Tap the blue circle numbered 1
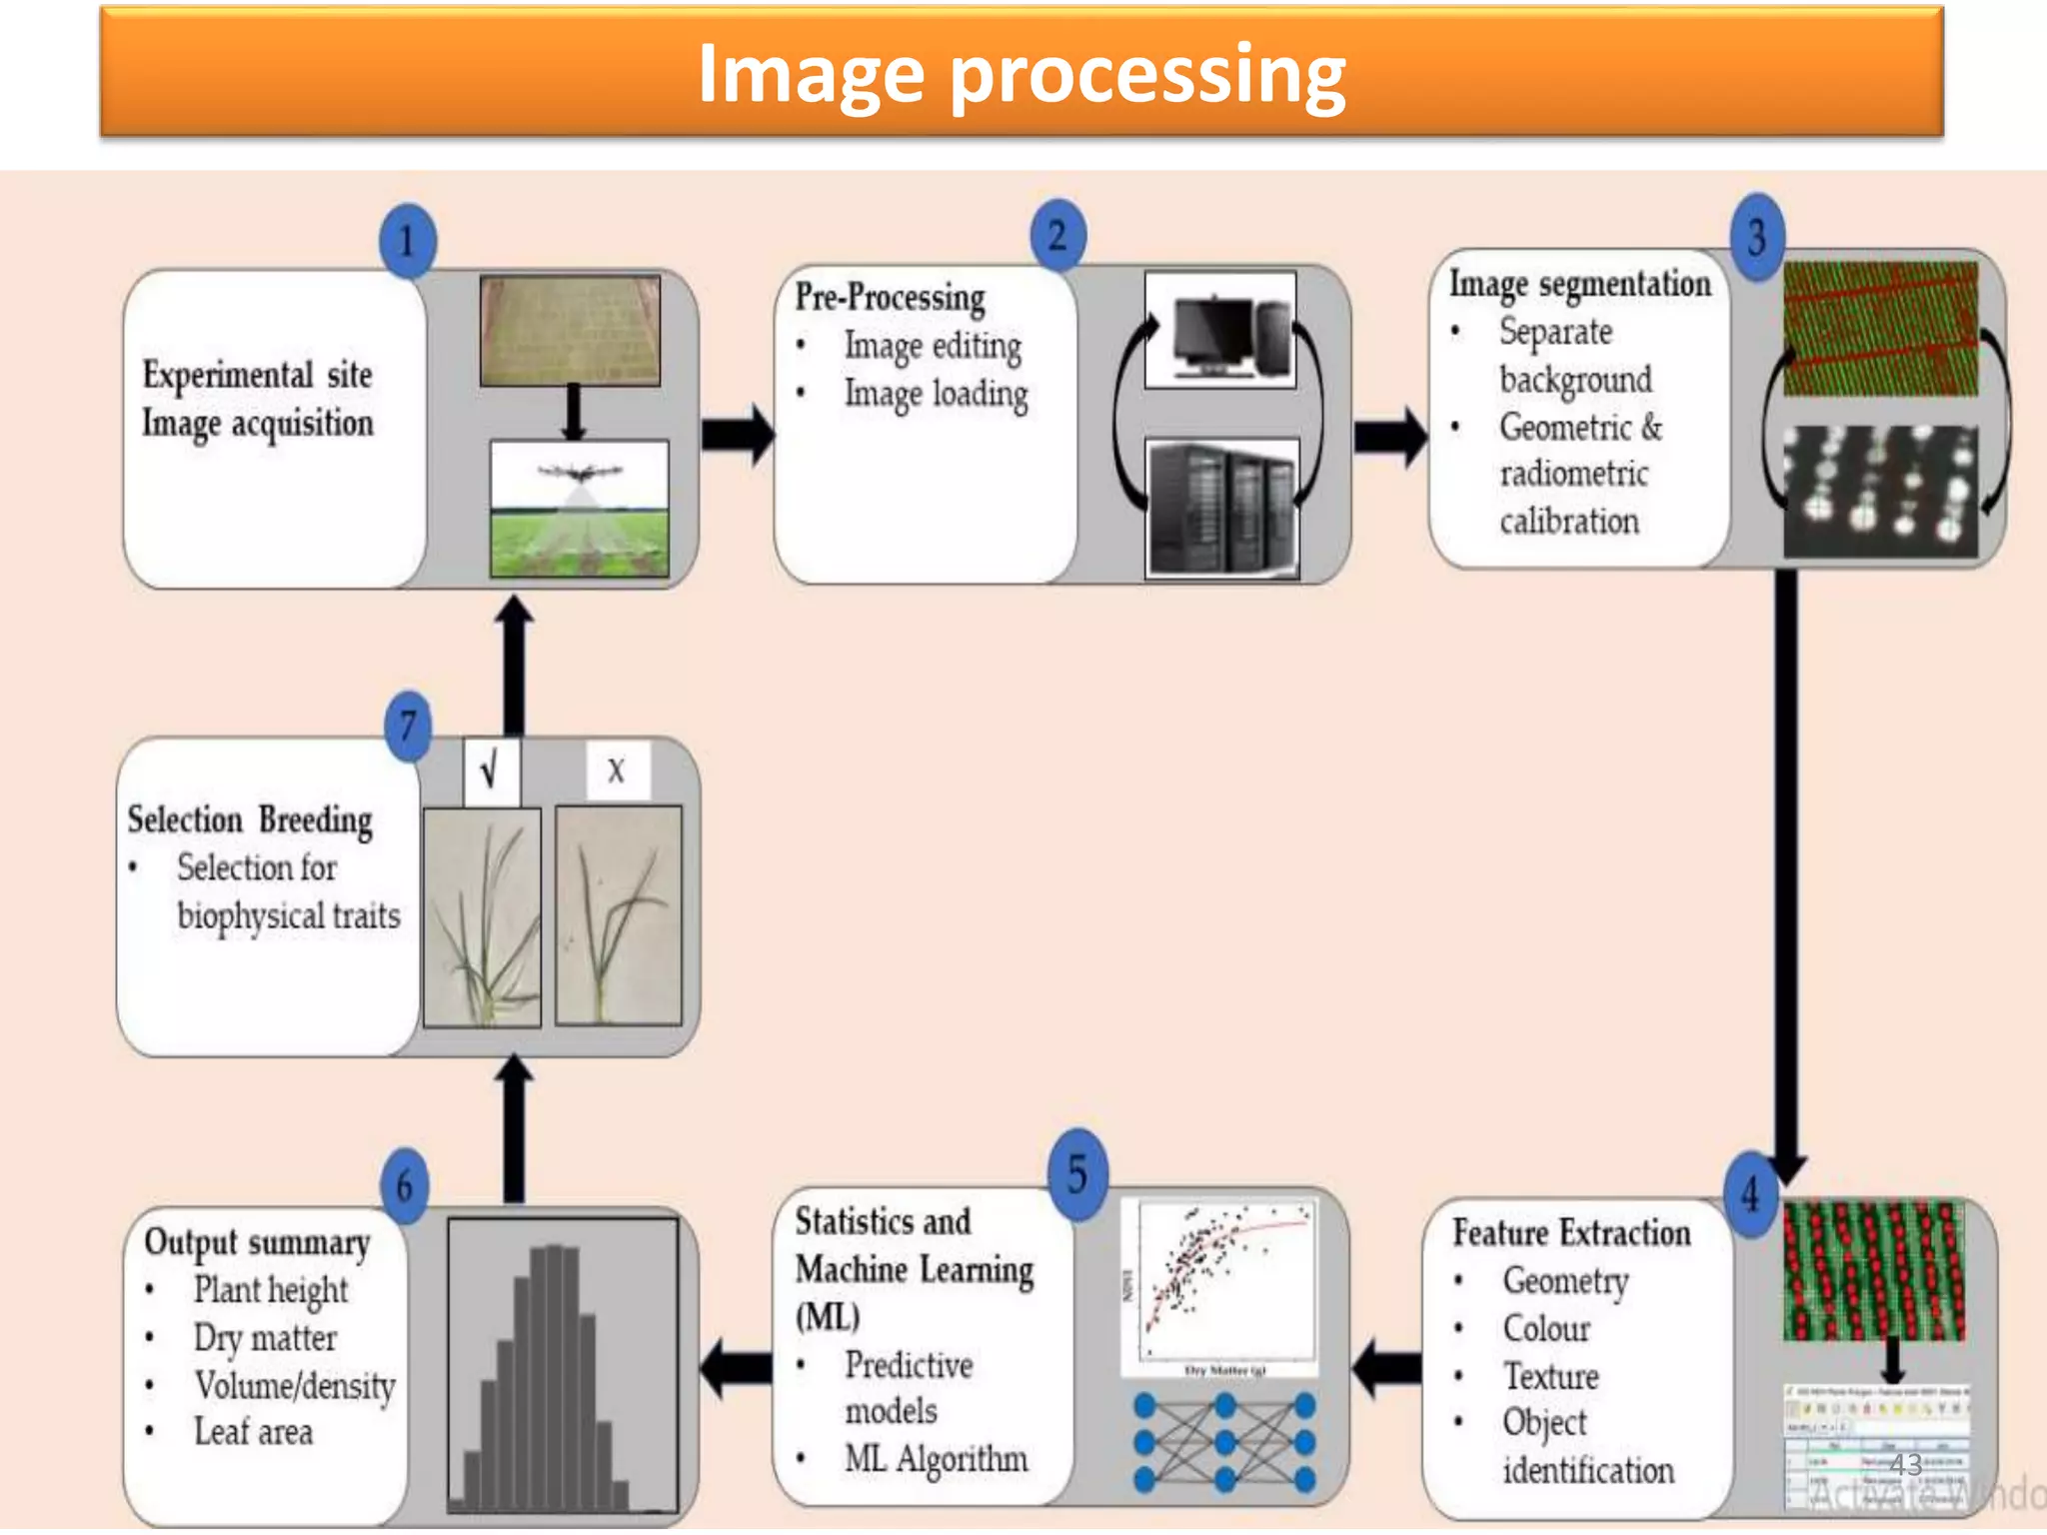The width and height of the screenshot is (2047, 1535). click(x=407, y=241)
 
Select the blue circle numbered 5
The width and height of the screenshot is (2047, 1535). click(x=1077, y=1174)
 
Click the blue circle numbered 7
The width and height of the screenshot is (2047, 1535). click(x=408, y=727)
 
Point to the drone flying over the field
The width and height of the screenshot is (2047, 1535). click(x=580, y=472)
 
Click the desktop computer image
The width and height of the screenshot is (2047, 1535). click(x=1219, y=330)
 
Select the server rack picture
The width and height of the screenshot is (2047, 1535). click(x=1221, y=508)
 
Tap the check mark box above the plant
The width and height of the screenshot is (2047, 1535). click(x=491, y=770)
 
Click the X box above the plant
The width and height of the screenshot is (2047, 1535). click(x=617, y=769)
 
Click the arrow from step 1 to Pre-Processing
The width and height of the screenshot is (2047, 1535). click(x=737, y=434)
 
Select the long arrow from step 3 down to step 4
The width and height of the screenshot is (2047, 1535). click(x=1787, y=869)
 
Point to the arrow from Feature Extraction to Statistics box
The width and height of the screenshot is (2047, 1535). click(x=1386, y=1367)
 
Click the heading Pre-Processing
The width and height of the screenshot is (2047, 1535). click(x=890, y=297)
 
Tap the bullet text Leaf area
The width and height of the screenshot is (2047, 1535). click(x=253, y=1432)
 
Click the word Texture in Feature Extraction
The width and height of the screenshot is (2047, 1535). click(x=1550, y=1376)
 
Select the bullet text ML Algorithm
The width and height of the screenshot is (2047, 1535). click(x=936, y=1459)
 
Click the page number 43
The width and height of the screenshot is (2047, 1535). click(x=1905, y=1465)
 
